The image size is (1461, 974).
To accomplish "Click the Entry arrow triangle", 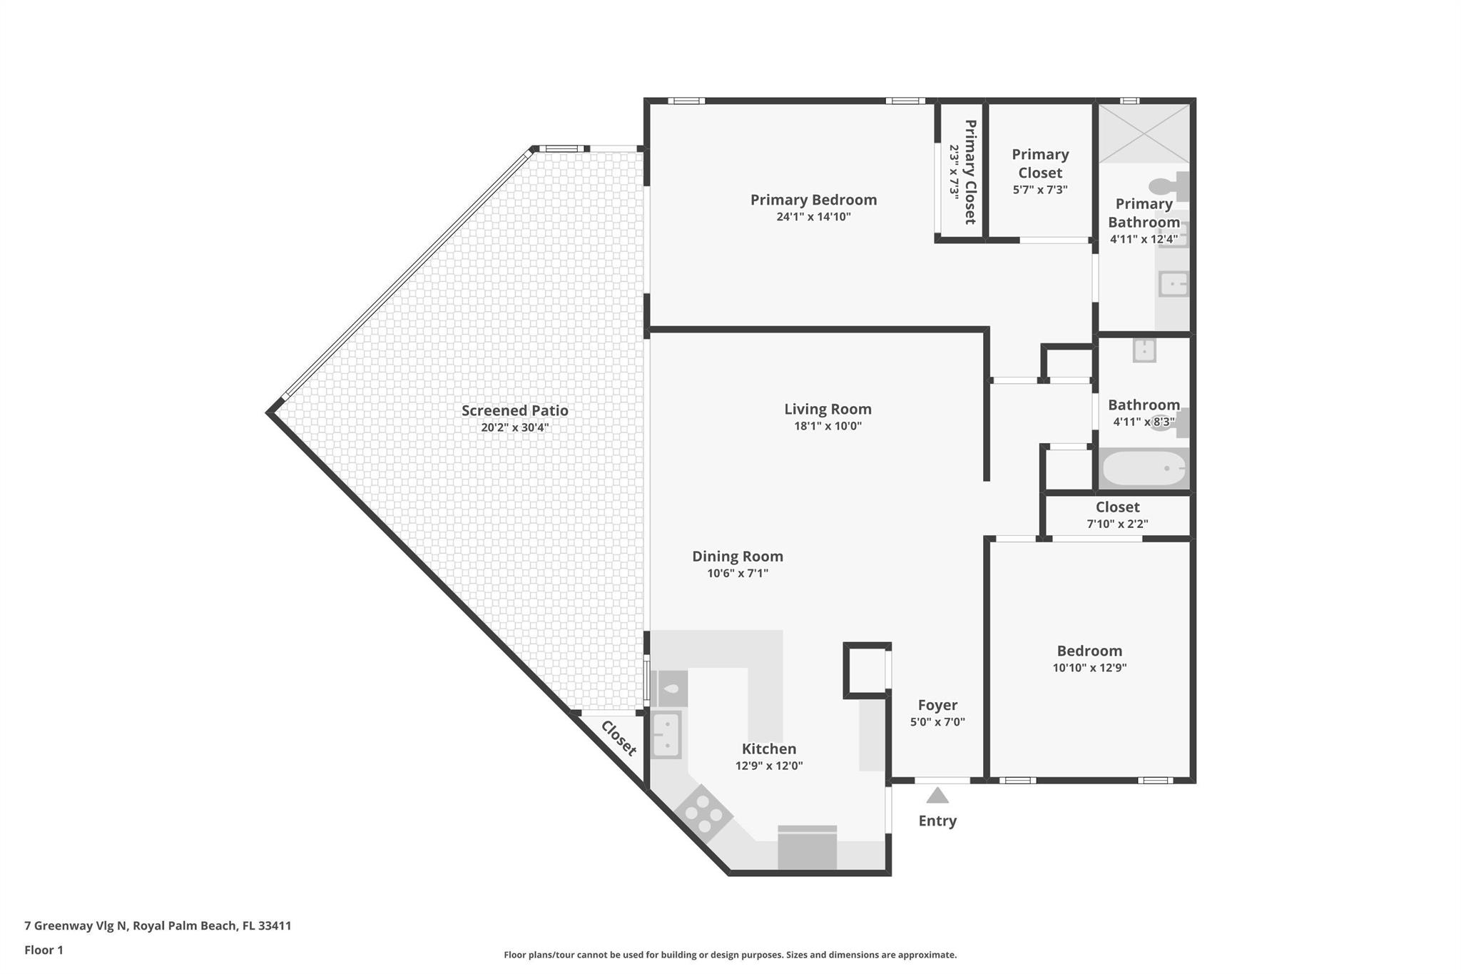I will pyautogui.click(x=937, y=795).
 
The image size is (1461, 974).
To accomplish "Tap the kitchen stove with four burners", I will pyautogui.click(x=703, y=813).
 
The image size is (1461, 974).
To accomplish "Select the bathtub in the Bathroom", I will pyautogui.click(x=1144, y=468).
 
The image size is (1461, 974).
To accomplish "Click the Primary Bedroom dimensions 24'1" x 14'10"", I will pyautogui.click(x=813, y=217).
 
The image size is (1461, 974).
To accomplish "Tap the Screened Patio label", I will pyautogui.click(x=514, y=410).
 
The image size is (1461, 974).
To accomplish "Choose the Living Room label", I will pyautogui.click(x=828, y=409).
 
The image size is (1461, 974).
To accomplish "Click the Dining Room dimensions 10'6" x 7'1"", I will pyautogui.click(x=737, y=573).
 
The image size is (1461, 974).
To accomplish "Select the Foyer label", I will pyautogui.click(x=937, y=705).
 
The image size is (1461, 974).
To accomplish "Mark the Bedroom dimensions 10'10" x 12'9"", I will pyautogui.click(x=1089, y=668).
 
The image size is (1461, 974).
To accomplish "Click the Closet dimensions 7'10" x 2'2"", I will pyautogui.click(x=1117, y=524).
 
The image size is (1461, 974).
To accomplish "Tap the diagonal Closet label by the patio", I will pyautogui.click(x=618, y=738).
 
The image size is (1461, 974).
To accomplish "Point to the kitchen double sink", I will pyautogui.click(x=667, y=734).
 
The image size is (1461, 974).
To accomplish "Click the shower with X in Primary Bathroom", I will pyautogui.click(x=1144, y=133).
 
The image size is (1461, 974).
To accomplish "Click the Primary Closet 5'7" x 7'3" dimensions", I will pyautogui.click(x=1039, y=190).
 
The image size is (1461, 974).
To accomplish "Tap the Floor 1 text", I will pyautogui.click(x=44, y=950).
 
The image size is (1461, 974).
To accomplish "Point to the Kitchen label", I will pyautogui.click(x=768, y=749).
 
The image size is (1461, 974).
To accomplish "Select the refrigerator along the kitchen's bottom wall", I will pyautogui.click(x=807, y=849).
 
